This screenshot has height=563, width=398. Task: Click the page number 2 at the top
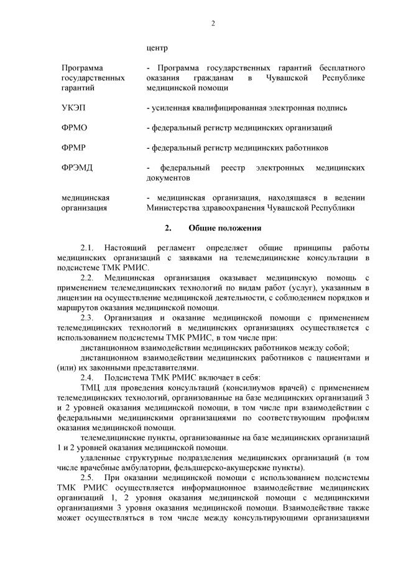[213, 24]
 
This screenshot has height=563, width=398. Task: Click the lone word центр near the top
[157, 47]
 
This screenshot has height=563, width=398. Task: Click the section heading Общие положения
[224, 229]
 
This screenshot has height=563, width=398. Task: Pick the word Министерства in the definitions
[176, 208]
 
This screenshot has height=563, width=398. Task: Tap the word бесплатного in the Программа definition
[341, 67]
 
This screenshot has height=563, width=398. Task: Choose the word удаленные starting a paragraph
[101, 457]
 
